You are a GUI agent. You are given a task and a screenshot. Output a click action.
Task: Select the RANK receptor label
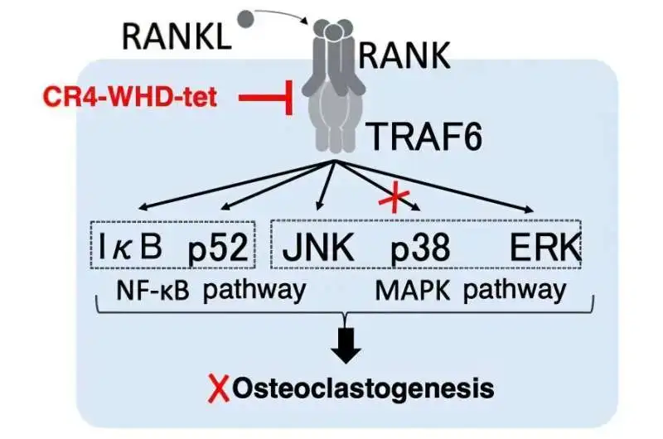[404, 55]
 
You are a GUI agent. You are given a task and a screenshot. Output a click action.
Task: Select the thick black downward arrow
[347, 343]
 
